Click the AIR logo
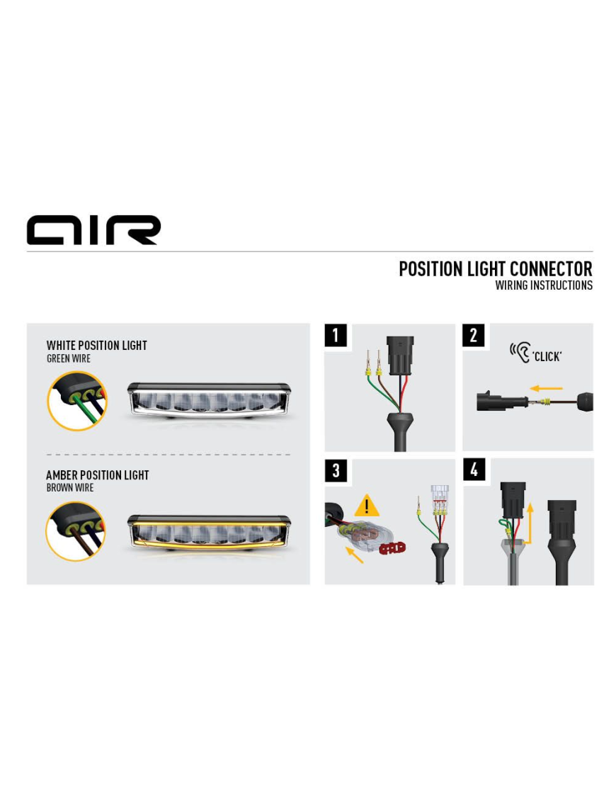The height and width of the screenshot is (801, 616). (x=93, y=230)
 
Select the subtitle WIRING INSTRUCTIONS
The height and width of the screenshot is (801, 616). (x=544, y=285)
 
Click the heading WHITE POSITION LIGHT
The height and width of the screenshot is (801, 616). (x=96, y=346)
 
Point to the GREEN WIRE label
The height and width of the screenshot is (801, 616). (x=69, y=358)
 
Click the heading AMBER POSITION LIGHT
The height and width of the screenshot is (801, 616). (x=98, y=475)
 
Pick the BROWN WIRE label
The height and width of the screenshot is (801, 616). (x=70, y=488)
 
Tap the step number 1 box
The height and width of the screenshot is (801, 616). (x=336, y=335)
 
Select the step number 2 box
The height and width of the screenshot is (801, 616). (x=474, y=335)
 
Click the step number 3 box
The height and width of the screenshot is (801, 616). (x=336, y=470)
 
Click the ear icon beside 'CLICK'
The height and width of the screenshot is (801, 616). (x=520, y=353)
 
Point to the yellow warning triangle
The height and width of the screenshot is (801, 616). (x=367, y=505)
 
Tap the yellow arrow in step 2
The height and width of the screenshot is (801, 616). (x=546, y=388)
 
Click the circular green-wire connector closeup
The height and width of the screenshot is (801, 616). (x=77, y=401)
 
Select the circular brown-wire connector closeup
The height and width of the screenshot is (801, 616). (x=76, y=531)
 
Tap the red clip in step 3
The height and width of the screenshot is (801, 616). (x=392, y=548)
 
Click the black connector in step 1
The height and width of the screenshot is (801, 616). (x=400, y=356)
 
